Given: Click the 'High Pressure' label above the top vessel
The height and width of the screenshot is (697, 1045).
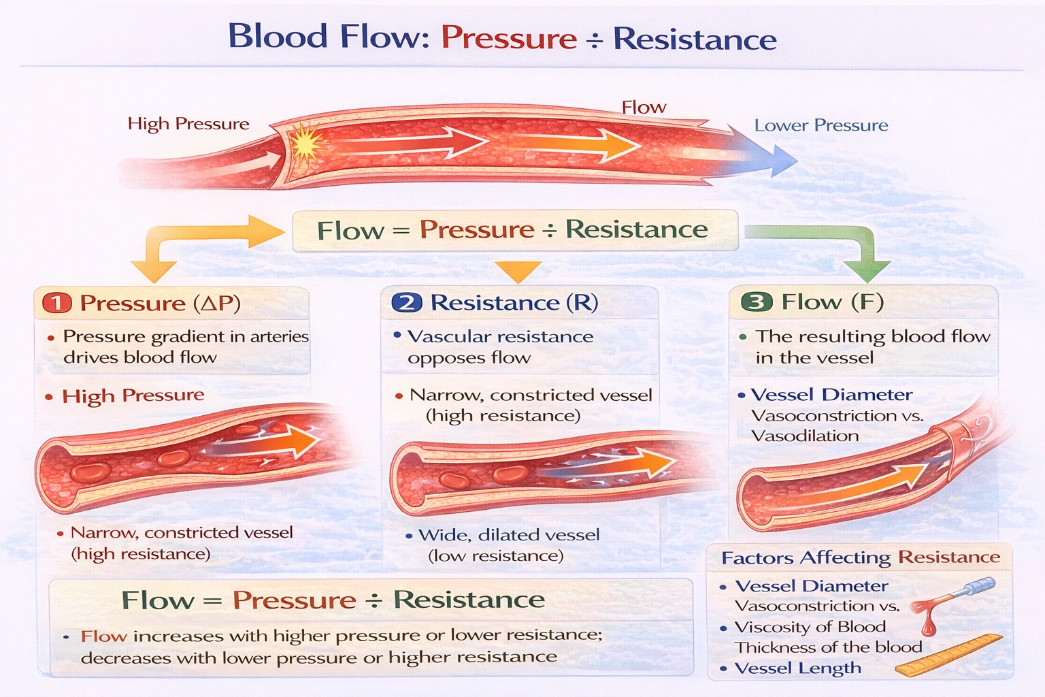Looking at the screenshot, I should [188, 124].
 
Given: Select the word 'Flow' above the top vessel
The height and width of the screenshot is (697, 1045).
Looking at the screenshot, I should [644, 108].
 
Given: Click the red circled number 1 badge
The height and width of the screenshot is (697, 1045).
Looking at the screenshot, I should [57, 303].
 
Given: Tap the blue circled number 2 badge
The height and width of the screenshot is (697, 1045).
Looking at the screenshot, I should [407, 302].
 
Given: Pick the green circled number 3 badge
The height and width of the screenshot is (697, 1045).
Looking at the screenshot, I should [757, 302].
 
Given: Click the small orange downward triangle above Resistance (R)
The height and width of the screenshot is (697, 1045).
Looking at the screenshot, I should [518, 270].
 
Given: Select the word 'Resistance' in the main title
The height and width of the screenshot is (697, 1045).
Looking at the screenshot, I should [695, 39].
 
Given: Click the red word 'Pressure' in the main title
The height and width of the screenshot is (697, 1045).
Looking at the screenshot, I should [509, 38].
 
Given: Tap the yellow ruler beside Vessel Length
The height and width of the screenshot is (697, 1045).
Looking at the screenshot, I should [950, 655].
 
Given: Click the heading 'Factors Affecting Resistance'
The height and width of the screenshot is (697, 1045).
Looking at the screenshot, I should [861, 557].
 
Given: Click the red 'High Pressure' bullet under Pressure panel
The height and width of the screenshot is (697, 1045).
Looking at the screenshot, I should [133, 395].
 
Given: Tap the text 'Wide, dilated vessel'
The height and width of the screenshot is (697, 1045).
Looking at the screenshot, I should [509, 535].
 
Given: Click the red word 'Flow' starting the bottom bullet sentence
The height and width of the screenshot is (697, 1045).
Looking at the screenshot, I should [103, 636].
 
